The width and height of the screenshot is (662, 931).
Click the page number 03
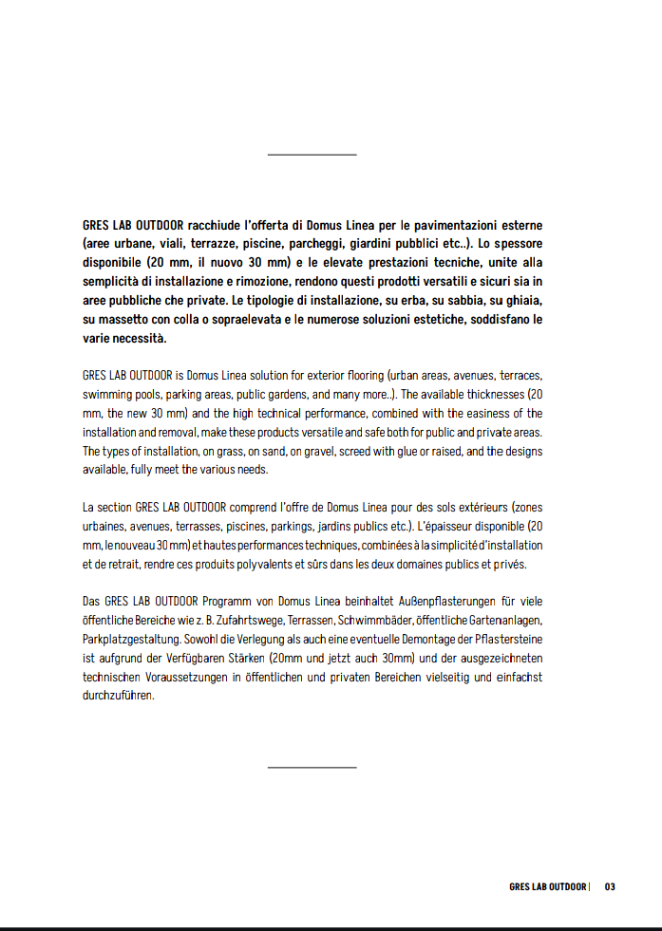click(610, 887)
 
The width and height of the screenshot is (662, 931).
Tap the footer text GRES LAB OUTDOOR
click(548, 887)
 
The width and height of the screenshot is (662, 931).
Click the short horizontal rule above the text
click(312, 154)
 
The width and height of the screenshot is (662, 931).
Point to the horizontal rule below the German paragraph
click(312, 767)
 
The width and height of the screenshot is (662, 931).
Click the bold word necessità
click(139, 338)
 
